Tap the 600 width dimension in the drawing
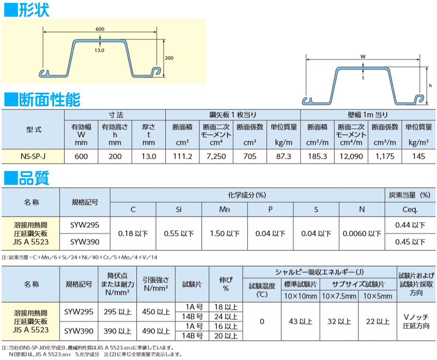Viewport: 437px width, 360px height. (x=100, y=29)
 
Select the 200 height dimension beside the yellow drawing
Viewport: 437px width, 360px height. (x=169, y=58)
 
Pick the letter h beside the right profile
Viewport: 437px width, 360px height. (x=430, y=85)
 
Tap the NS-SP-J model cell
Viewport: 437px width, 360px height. (x=33, y=156)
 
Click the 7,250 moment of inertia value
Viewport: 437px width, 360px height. (x=216, y=156)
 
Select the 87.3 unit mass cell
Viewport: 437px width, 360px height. (x=284, y=156)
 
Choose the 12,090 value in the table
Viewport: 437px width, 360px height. (x=351, y=156)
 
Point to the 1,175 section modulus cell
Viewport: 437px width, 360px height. (x=385, y=156)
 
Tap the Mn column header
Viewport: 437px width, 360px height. (x=224, y=210)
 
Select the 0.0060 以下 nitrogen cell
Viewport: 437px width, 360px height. (x=362, y=234)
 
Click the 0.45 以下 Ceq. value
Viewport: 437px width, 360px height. (x=410, y=242)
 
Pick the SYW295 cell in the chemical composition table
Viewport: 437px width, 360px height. (x=85, y=225)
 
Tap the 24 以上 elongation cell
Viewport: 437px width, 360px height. (x=226, y=316)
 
